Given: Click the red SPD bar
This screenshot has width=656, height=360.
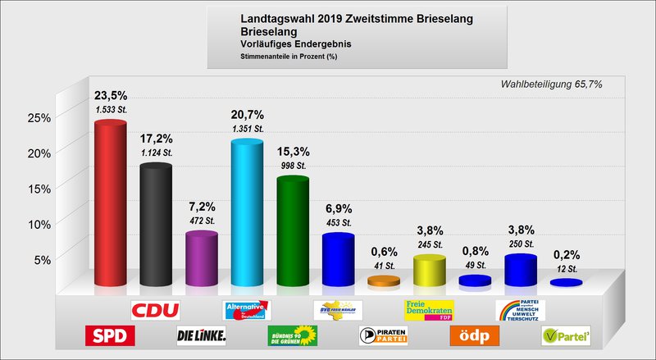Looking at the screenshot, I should (x=110, y=205).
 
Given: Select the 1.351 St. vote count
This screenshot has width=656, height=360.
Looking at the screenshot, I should (x=247, y=129).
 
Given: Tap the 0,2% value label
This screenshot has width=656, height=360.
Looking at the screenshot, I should (x=566, y=253).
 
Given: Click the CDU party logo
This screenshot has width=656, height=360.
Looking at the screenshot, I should (x=156, y=310).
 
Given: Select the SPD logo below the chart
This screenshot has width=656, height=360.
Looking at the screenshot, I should (x=110, y=335).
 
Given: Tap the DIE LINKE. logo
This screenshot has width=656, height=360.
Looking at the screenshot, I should (x=201, y=335).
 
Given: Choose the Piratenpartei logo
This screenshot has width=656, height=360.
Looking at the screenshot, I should (x=383, y=335).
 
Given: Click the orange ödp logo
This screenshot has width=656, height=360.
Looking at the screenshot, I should (x=474, y=335).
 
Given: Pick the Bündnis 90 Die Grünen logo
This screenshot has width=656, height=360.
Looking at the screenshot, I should (x=292, y=335).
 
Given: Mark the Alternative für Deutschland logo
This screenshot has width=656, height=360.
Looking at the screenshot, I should (x=247, y=310).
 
